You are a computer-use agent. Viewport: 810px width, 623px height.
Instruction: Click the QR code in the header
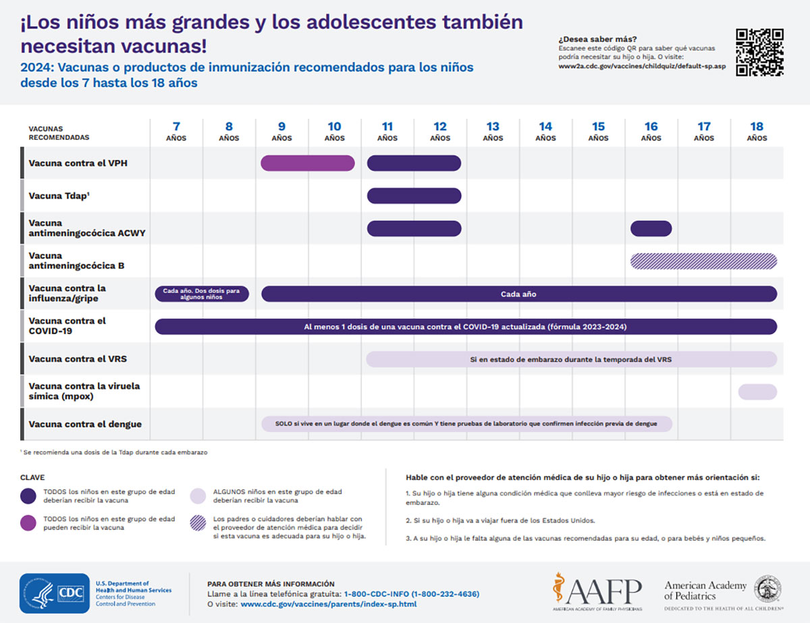tap(759, 52)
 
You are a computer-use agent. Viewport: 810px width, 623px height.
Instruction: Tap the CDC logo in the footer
tap(55, 593)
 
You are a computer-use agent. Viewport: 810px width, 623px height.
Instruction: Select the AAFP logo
tap(597, 592)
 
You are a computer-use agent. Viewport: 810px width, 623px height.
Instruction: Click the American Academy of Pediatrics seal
tap(768, 589)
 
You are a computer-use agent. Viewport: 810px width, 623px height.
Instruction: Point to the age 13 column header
tap(493, 131)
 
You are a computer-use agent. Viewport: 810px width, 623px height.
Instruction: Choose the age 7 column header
tap(176, 131)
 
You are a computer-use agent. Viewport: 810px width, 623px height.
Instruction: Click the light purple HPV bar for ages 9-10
tap(307, 163)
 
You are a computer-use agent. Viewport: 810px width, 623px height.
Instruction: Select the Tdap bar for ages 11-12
tap(414, 196)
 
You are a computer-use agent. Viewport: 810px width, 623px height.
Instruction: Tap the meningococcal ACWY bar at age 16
tap(651, 228)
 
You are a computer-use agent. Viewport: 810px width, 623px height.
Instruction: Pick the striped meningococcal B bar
tap(703, 261)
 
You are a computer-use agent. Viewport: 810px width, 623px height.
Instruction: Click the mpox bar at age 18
tap(757, 391)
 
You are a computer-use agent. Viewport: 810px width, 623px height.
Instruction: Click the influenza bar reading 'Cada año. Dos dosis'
tap(202, 294)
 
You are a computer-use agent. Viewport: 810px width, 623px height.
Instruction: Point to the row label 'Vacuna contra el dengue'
tap(85, 425)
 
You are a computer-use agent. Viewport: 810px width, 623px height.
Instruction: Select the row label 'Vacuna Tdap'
tap(59, 196)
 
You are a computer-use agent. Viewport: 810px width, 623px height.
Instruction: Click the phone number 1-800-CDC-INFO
tap(412, 594)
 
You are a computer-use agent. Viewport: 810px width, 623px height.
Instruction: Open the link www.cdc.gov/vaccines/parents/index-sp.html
tap(328, 604)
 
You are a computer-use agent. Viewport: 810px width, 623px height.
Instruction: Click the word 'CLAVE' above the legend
tap(32, 477)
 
